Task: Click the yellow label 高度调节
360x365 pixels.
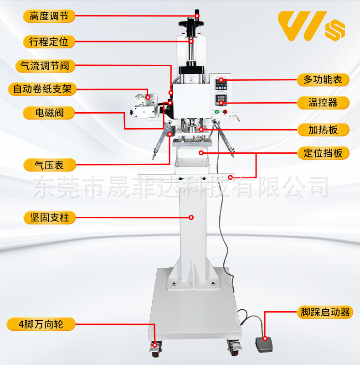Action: click(49, 16)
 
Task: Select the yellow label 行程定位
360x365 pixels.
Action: click(49, 42)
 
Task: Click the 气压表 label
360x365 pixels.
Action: click(49, 164)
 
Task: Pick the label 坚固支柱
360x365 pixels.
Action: click(49, 217)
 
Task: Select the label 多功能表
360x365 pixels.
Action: click(323, 79)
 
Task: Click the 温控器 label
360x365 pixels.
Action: click(323, 102)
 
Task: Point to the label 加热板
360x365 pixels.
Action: click(323, 130)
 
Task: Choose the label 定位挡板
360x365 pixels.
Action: click(323, 152)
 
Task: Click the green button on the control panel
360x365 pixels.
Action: click(217, 112)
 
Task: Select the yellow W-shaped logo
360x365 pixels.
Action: click(301, 26)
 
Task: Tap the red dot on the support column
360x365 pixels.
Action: click(191, 217)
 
